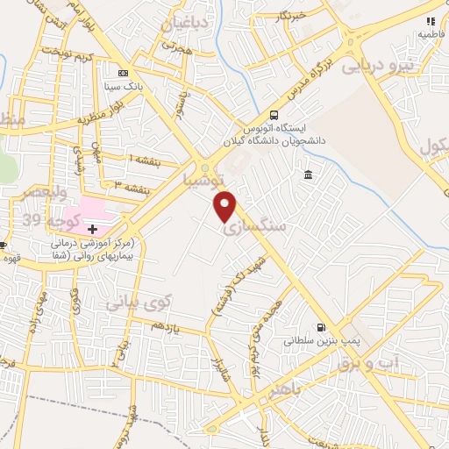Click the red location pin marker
coord(225,207)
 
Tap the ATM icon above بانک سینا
coord(124,73)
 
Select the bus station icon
coord(274,115)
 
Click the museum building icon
coord(308,177)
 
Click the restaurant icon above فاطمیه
coord(430,21)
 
